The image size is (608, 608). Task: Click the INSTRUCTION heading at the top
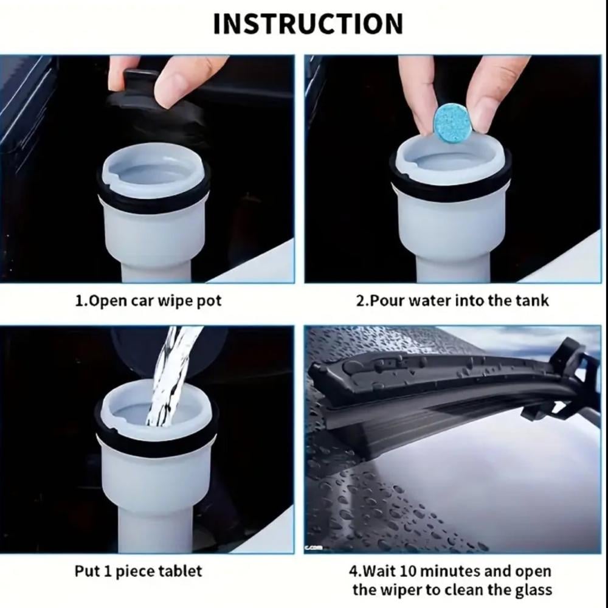(308, 24)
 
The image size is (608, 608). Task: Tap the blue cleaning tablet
(453, 122)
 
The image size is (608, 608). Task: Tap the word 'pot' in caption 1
(209, 302)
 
